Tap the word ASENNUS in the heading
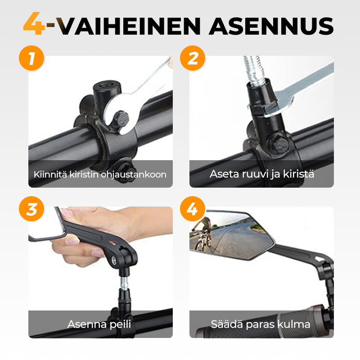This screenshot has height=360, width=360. point(271,26)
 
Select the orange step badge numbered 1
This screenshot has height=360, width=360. point(31,58)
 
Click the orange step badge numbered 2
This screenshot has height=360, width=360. point(193,58)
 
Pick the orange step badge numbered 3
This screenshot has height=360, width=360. point(31,209)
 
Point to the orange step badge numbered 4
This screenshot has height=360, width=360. point(193,209)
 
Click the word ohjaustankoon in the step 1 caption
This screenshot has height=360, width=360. point(134,175)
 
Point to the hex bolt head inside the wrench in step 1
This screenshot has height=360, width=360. point(119,119)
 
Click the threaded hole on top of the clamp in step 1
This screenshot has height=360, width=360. point(107,85)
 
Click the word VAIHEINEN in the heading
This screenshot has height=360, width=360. point(129,26)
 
